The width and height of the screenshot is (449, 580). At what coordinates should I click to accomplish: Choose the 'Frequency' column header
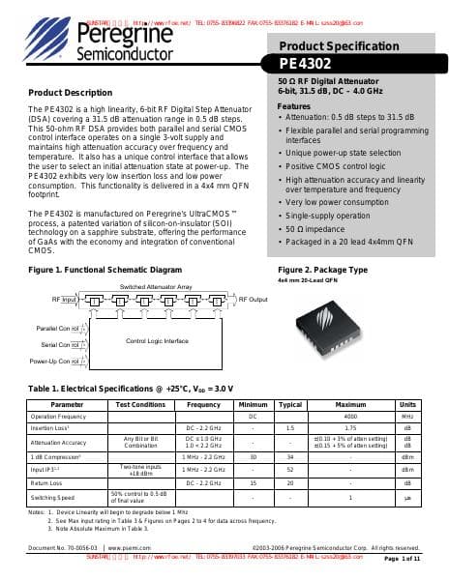[x=204, y=405]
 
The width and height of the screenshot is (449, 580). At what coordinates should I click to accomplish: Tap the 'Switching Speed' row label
[x=52, y=497]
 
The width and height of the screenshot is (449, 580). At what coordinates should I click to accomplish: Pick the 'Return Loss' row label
[x=46, y=482]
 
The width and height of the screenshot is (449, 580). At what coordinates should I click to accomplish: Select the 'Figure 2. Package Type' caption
[x=322, y=269]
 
